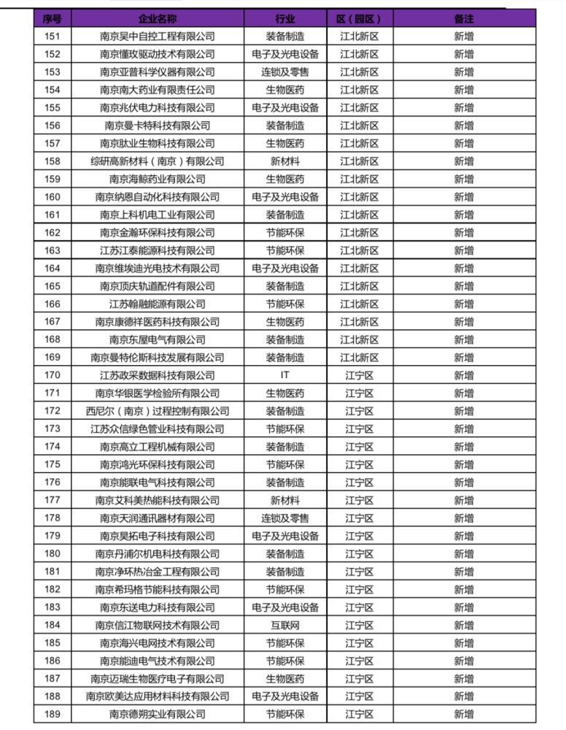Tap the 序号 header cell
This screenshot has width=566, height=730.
pos(52,18)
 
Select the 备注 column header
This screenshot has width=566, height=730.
pos(463,18)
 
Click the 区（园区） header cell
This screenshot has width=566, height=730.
pos(359,18)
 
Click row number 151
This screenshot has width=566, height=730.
pos(52,36)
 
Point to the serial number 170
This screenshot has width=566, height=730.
pos(52,375)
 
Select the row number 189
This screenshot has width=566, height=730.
pos(52,714)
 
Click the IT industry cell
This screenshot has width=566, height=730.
pos(285,375)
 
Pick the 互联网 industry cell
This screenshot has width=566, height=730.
pos(285,625)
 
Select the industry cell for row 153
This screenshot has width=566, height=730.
pos(285,72)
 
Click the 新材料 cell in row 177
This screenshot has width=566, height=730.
pos(285,500)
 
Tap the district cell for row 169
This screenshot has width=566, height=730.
pos(359,358)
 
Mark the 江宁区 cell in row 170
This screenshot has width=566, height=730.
pos(359,375)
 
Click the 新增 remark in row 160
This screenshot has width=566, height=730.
pos(463,197)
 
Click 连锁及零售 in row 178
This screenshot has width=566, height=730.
pos(285,518)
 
